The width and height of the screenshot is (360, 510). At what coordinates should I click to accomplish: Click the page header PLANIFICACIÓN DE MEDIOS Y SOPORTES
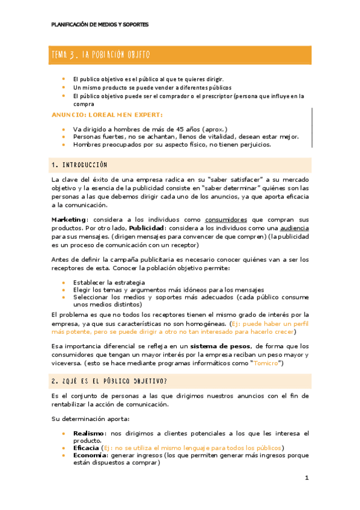point(100,25)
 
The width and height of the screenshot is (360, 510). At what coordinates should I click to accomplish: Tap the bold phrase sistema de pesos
point(221,346)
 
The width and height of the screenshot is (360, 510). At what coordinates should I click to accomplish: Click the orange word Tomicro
point(264,363)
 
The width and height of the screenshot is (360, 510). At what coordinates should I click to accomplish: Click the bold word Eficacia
point(87,448)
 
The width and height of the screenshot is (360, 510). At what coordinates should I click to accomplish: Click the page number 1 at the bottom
point(307,478)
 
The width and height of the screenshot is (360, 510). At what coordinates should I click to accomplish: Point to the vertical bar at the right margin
point(312,127)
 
